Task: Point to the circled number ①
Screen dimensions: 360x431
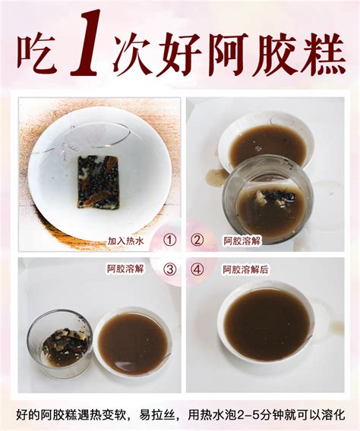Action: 169,241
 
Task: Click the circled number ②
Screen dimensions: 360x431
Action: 197,241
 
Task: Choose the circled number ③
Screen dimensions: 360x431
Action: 169,269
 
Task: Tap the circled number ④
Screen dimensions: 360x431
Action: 197,269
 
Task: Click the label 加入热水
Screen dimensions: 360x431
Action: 125,241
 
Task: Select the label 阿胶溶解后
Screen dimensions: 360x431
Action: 245,269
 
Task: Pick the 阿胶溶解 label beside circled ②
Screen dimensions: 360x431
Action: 242,241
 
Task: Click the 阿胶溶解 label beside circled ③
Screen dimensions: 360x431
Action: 125,269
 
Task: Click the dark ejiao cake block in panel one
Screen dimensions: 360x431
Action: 98,181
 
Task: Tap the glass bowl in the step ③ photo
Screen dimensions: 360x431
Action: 59,344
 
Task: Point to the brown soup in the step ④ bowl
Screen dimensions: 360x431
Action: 267,324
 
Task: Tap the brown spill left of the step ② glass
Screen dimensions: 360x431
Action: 216,177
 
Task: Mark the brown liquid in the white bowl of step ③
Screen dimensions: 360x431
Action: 133,344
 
